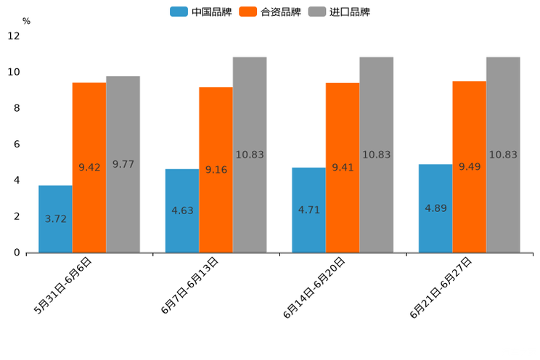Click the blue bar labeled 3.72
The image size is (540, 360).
click(55, 219)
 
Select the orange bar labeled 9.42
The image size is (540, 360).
click(89, 168)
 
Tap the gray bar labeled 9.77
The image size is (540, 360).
click(123, 165)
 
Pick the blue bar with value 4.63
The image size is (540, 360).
click(182, 211)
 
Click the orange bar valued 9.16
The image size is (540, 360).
click(216, 170)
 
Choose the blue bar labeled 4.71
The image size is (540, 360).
click(308, 210)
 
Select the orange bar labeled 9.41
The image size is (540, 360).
click(343, 168)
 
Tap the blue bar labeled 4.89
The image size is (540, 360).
click(435, 208)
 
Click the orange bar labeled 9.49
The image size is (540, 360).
click(470, 167)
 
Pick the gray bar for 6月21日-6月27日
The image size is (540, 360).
click(503, 155)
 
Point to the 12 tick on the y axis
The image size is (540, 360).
click(14, 36)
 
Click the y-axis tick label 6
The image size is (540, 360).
click(17, 144)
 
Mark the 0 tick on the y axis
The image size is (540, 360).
click(17, 253)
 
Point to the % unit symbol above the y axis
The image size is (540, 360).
click(26, 21)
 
